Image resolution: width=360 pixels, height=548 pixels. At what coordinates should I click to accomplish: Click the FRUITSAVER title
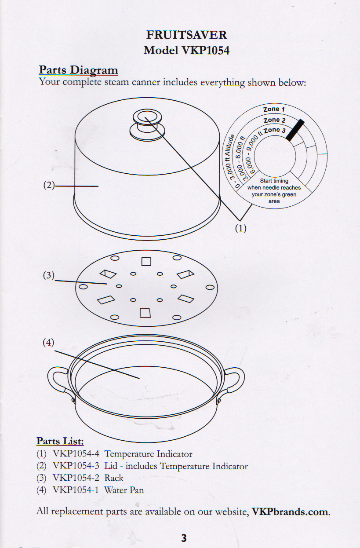coord(187,35)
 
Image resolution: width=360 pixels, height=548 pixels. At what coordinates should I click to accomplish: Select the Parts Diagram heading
coord(78,70)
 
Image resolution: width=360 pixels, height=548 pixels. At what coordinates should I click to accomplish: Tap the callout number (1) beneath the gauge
coord(240,228)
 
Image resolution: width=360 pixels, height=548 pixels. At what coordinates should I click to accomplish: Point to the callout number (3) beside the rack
coord(48,276)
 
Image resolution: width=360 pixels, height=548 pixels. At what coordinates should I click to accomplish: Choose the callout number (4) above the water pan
coord(48,343)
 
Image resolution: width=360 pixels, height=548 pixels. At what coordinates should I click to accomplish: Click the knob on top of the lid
coord(145,124)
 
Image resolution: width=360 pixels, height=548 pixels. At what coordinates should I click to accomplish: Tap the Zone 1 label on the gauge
coord(274,109)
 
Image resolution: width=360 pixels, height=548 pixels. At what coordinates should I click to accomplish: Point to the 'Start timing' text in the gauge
coord(274,181)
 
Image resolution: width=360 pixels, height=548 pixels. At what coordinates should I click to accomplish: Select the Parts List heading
coord(60,441)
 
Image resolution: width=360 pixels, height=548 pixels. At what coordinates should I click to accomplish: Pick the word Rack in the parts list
coord(114,478)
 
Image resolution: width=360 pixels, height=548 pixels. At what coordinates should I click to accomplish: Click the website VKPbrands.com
coord(291,512)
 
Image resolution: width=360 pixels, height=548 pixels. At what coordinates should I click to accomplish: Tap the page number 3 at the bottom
coord(184,537)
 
